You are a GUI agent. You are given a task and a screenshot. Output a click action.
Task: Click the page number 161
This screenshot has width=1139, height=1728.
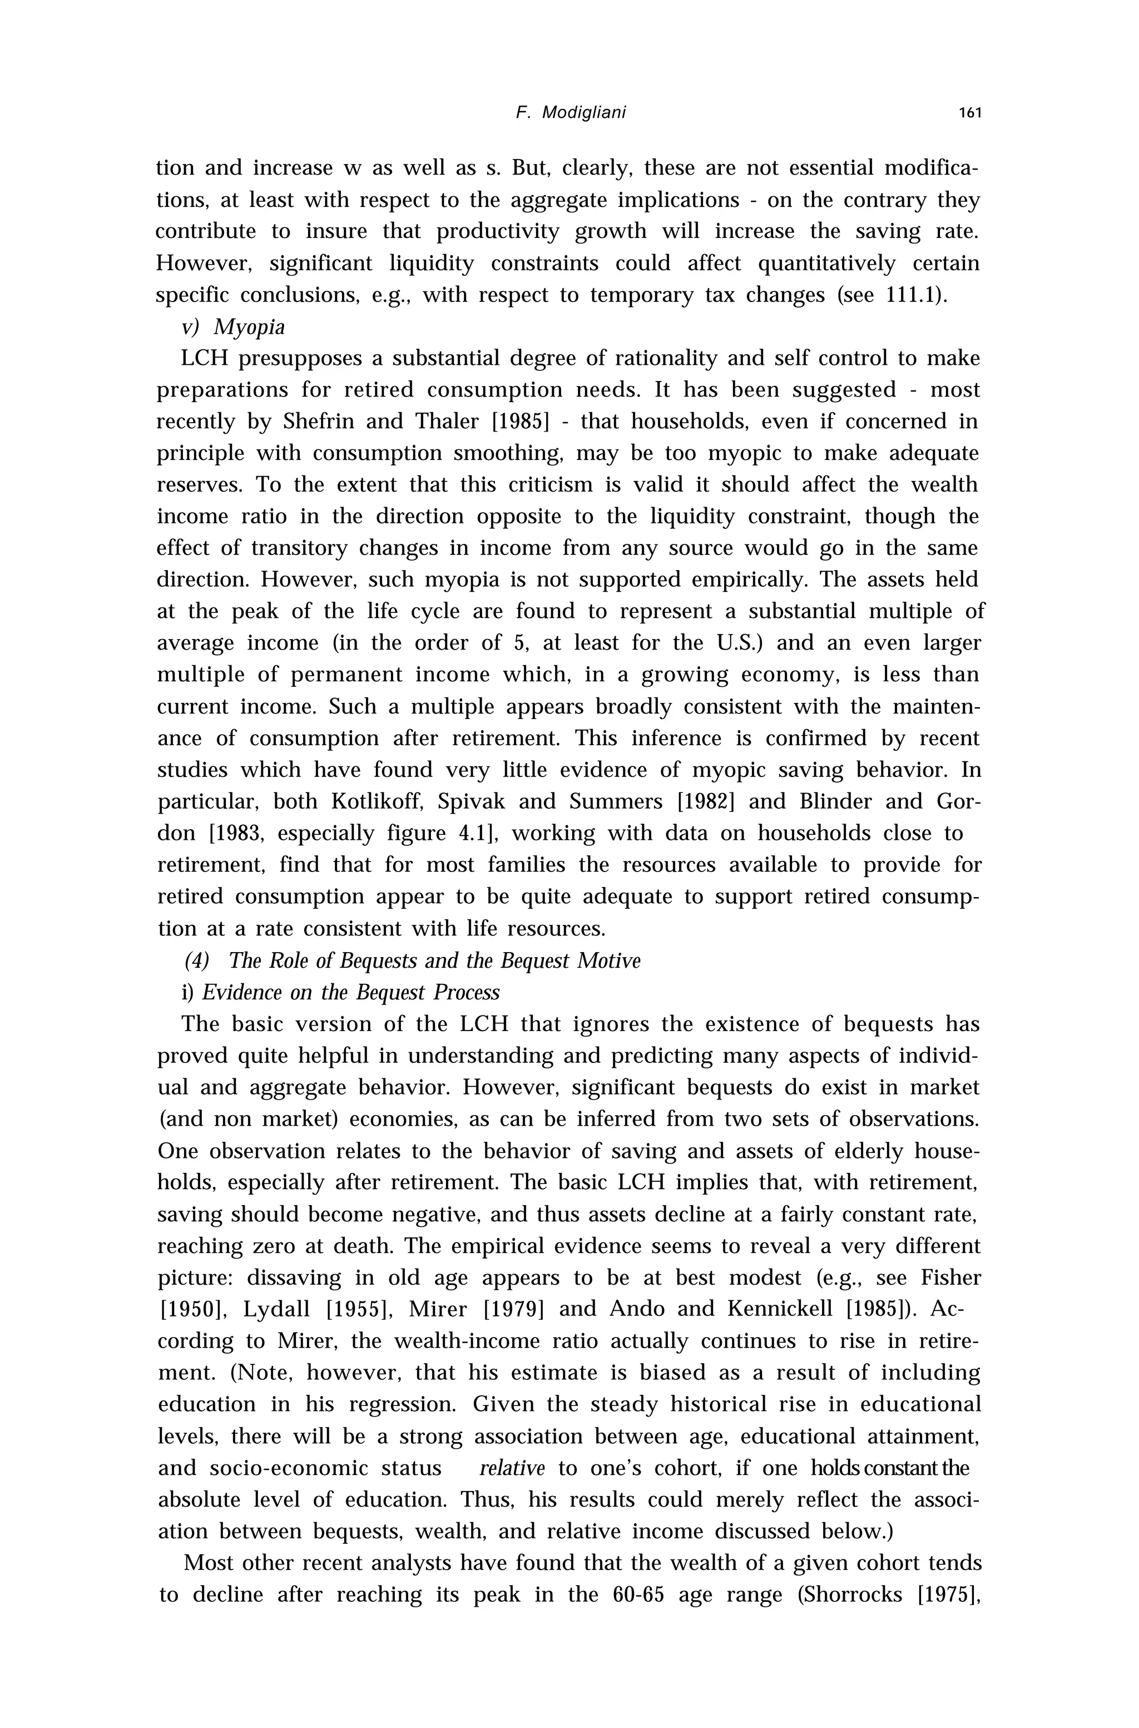(970, 112)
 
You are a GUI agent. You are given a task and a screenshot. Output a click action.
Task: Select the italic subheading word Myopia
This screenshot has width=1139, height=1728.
(250, 328)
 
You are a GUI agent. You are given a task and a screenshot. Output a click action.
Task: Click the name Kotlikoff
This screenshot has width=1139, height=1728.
(377, 802)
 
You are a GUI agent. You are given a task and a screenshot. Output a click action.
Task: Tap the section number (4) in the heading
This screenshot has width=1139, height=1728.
(197, 961)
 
